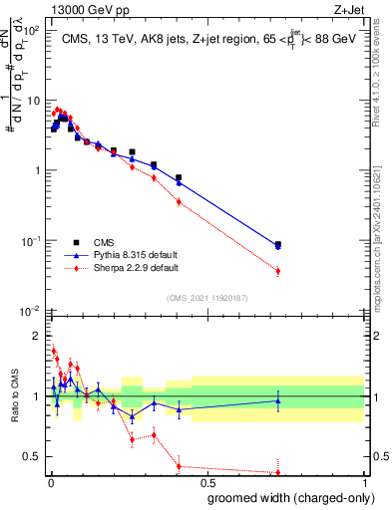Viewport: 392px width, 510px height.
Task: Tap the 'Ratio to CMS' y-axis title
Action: pyautogui.click(x=14, y=394)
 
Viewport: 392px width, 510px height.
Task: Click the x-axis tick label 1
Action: pyautogui.click(x=365, y=484)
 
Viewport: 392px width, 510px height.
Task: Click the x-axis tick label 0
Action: pyautogui.click(x=51, y=484)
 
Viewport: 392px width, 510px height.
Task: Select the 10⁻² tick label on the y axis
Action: pyautogui.click(x=30, y=312)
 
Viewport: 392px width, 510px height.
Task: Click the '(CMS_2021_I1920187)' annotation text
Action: pyautogui.click(x=206, y=297)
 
